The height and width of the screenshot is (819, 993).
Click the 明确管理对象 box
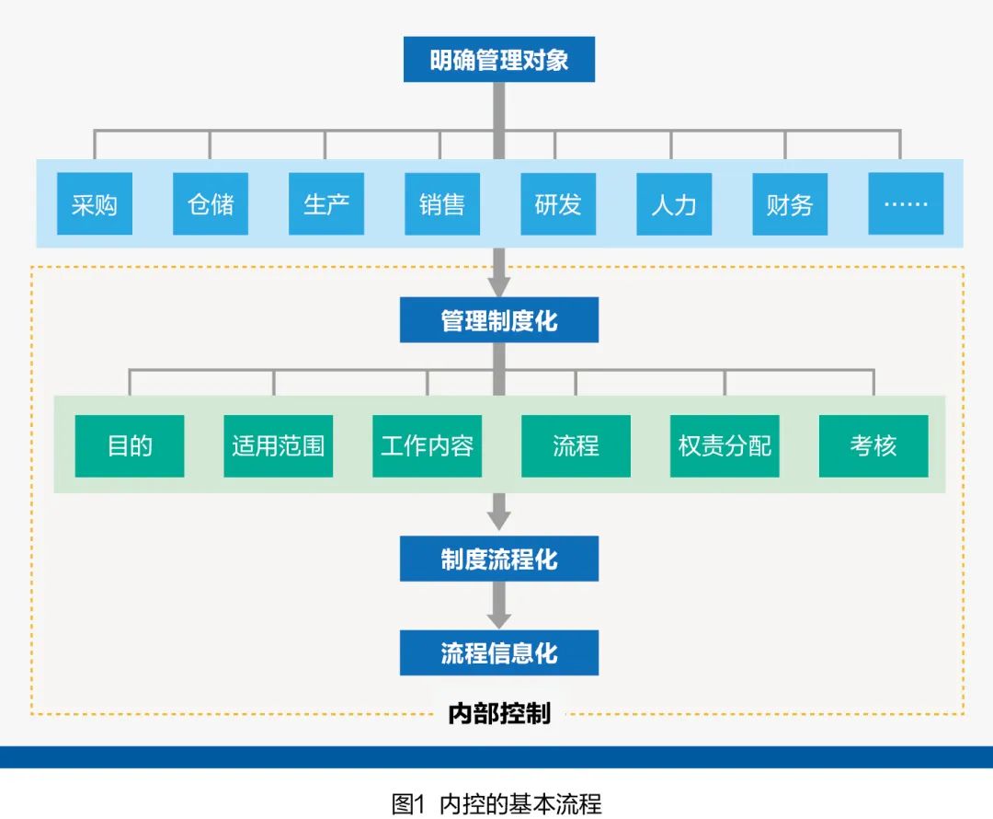pyautogui.click(x=499, y=60)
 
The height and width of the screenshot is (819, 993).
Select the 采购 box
pyautogui.click(x=94, y=203)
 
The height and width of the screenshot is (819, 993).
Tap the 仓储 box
pyautogui.click(x=211, y=203)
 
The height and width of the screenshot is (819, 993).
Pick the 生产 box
pyautogui.click(x=326, y=203)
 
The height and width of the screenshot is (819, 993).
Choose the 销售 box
pyautogui.click(x=442, y=203)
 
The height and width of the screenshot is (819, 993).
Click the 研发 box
pyautogui.click(x=558, y=203)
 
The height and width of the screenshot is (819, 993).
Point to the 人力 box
pyautogui.click(x=674, y=203)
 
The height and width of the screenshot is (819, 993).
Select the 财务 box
pyautogui.click(x=790, y=203)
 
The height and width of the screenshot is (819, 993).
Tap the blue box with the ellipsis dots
pyautogui.click(x=906, y=203)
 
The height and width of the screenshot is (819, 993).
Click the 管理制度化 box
pyautogui.click(x=499, y=320)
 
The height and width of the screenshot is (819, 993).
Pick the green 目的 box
pyautogui.click(x=130, y=446)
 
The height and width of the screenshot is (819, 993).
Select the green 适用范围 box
pyautogui.click(x=279, y=446)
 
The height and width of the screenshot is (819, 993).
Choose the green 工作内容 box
pyautogui.click(x=428, y=446)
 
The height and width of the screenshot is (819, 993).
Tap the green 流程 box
pyautogui.click(x=576, y=446)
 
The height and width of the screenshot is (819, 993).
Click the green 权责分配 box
pyautogui.click(x=725, y=446)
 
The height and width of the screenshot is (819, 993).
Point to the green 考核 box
pyautogui.click(x=873, y=446)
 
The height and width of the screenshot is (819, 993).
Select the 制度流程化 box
pyautogui.click(x=499, y=559)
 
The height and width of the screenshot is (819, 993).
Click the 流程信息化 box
pyautogui.click(x=499, y=653)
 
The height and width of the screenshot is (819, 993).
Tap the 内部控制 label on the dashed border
pyautogui.click(x=499, y=713)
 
